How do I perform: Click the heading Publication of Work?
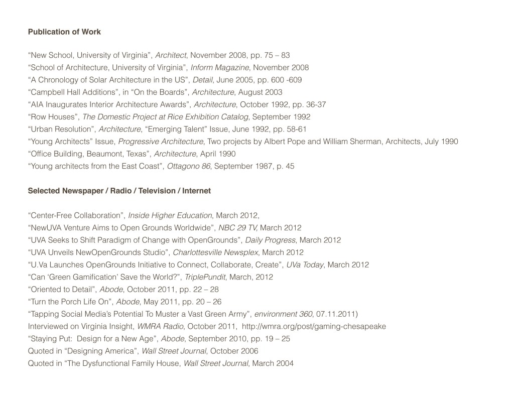coord(64,32)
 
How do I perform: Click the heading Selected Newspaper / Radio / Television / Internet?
coord(119,191)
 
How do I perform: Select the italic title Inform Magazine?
coord(220,68)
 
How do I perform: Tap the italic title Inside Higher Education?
coord(170,215)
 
